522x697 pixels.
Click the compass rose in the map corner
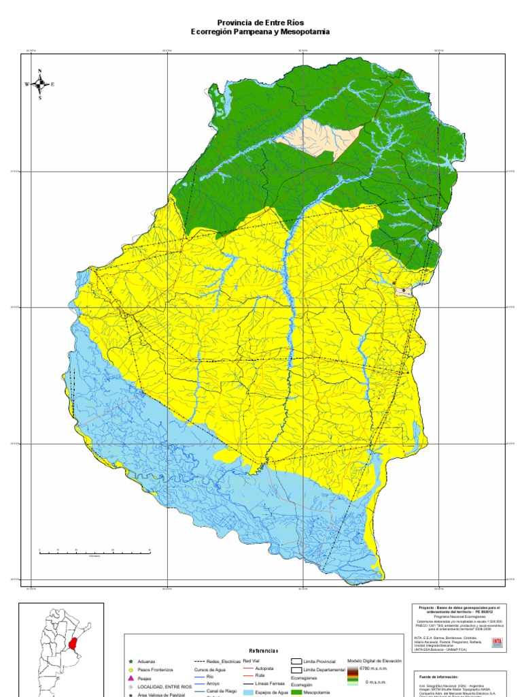click(39, 84)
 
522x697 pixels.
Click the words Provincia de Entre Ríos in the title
click(260, 22)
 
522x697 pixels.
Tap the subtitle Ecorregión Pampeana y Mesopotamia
click(260, 31)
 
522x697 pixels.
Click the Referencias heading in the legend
click(264, 650)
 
